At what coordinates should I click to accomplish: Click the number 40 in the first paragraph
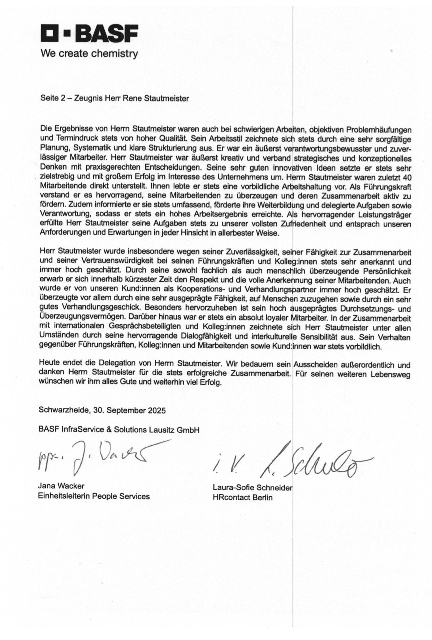click(x=407, y=178)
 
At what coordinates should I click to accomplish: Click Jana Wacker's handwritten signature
click(x=98, y=457)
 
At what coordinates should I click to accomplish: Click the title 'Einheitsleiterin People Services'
click(x=94, y=496)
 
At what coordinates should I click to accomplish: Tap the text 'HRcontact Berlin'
click(x=243, y=498)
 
